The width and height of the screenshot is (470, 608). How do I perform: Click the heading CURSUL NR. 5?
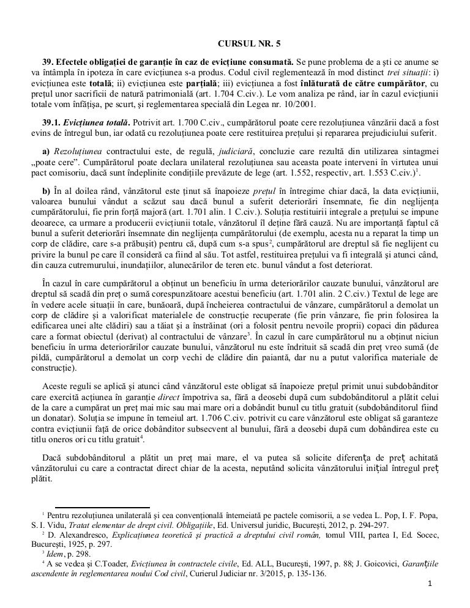[x=251, y=43]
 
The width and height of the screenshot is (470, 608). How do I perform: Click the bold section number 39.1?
[x=52, y=122]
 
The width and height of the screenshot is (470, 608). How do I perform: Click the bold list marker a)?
[x=47, y=150]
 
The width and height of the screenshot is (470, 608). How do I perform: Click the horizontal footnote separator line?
[x=102, y=507]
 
